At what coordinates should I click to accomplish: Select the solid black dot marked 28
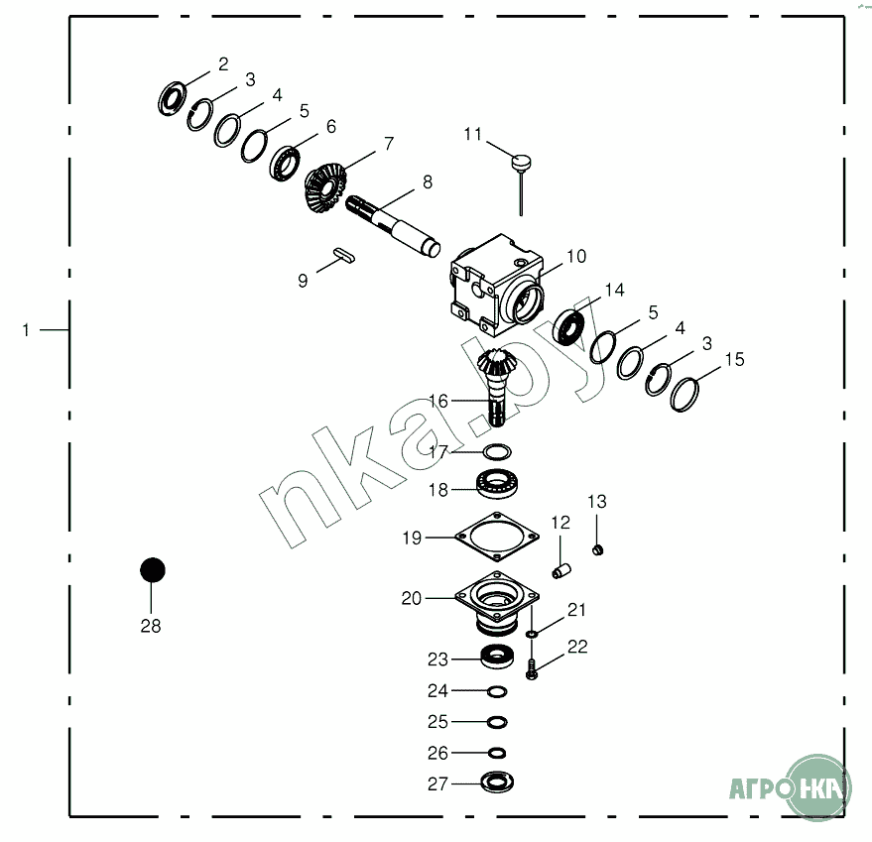coord(153,570)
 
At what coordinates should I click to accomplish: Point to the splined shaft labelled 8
coord(393,226)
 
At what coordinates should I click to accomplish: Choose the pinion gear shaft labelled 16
coord(497,387)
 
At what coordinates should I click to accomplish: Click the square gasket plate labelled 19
coord(497,537)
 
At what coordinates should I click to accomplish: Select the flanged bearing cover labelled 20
coord(497,603)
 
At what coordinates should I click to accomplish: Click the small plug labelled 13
coord(598,550)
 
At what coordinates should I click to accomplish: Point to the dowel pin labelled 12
coord(561,571)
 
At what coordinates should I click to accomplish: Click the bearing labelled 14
coord(568,327)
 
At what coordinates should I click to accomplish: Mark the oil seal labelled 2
coord(173,98)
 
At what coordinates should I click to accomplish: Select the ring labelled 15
coord(685,395)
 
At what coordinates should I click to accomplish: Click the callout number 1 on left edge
coord(26,330)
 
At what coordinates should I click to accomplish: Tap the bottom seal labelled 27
coord(497,782)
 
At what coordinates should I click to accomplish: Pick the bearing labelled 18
coord(497,483)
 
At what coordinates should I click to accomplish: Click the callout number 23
coord(437,660)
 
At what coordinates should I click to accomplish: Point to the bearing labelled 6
coord(285,163)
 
